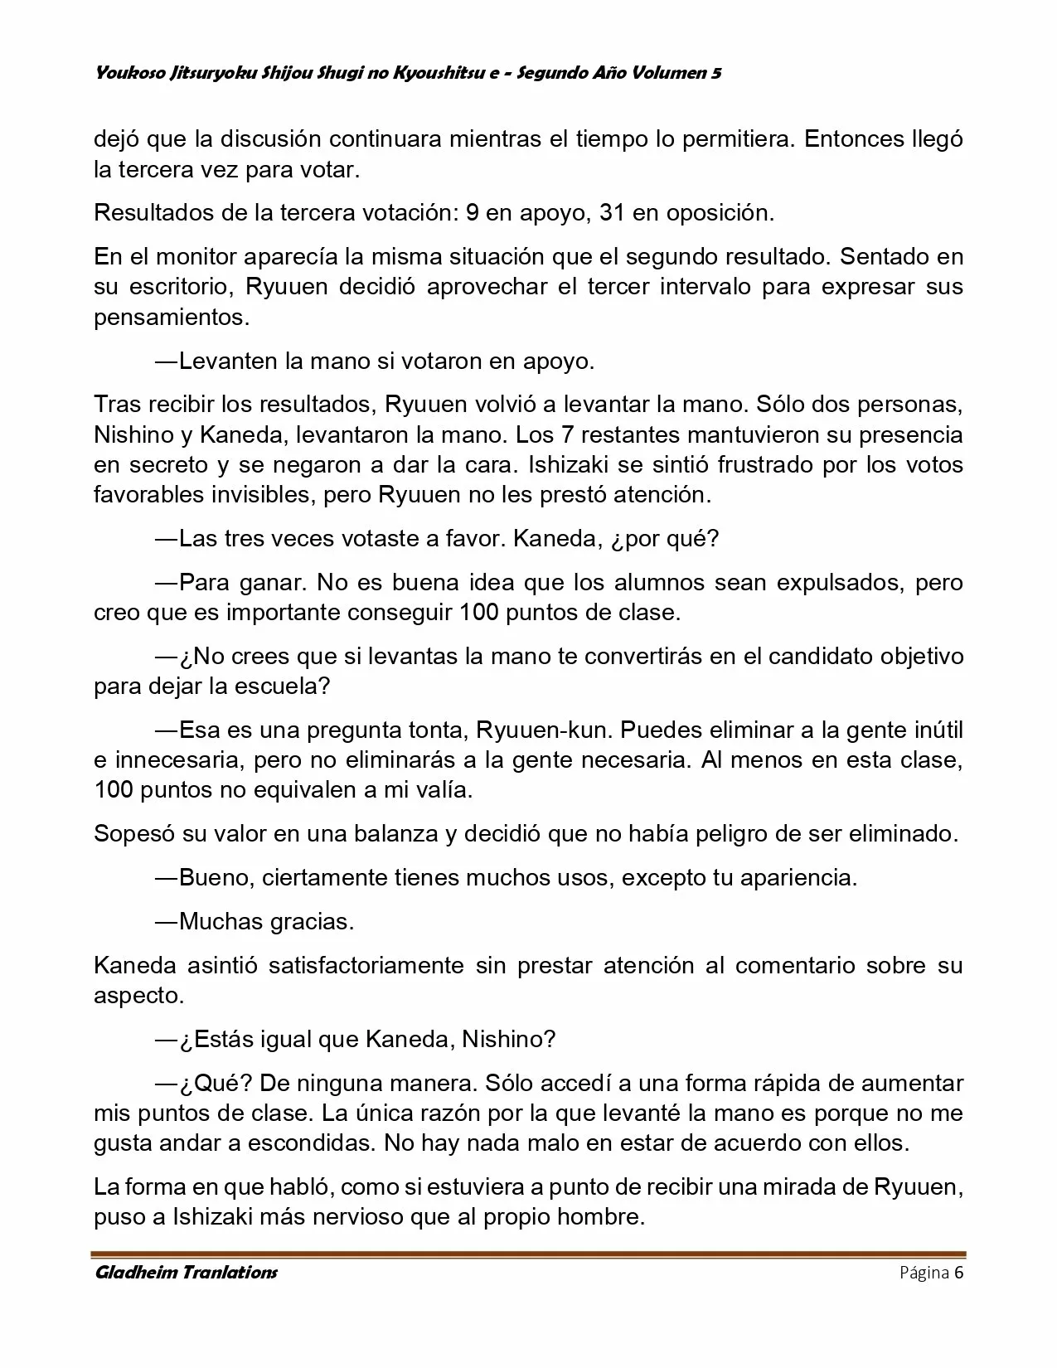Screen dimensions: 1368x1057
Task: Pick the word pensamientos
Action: pyautogui.click(x=171, y=317)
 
